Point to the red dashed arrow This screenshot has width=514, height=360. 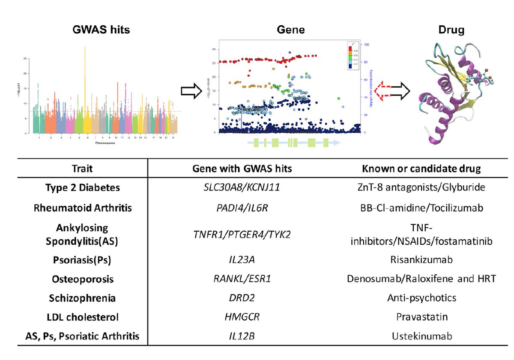coord(383,91)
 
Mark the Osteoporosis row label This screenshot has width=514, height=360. coord(82,279)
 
